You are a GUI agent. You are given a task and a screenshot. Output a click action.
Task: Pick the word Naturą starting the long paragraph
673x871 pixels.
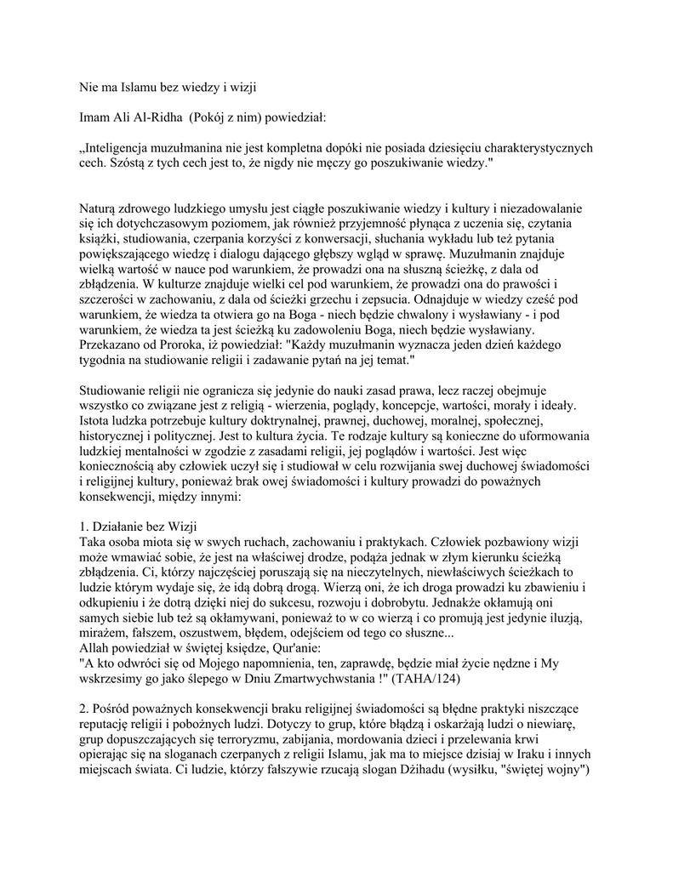[x=100, y=208]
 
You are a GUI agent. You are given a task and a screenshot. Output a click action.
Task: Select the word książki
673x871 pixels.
[x=100, y=239]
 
